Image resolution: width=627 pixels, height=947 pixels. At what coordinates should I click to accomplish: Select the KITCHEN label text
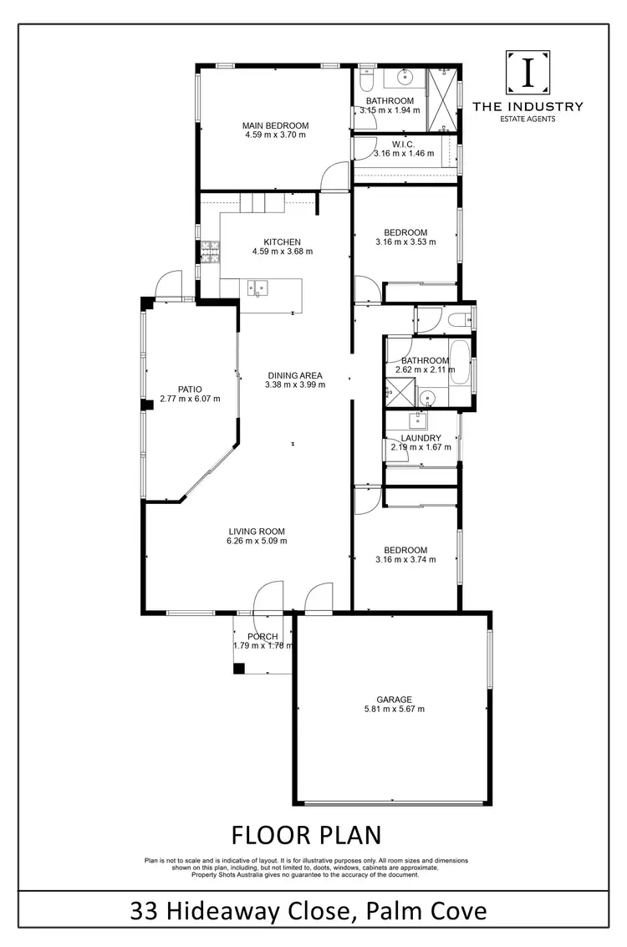coord(282,242)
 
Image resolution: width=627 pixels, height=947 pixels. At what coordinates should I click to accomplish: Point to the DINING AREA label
coord(294,375)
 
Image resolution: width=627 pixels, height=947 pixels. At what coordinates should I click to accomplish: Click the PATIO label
coord(190,389)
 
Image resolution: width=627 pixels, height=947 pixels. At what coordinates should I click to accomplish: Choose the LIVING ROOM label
coord(257,531)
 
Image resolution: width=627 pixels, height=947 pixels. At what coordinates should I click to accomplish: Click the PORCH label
coord(262,636)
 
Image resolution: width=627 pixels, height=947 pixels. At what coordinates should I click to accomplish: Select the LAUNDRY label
coord(421,438)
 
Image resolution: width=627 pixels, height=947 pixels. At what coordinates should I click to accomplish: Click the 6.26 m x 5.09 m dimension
coord(257,541)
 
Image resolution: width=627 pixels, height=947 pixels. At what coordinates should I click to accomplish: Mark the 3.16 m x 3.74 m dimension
coord(405,560)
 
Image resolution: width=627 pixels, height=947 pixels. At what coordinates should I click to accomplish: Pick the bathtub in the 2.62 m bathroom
coord(461,363)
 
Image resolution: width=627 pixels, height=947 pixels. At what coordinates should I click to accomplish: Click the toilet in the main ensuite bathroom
coord(364,79)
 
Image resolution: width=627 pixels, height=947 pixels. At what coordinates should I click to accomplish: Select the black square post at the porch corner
coord(239,668)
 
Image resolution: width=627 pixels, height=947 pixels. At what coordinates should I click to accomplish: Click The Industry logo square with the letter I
coord(528,74)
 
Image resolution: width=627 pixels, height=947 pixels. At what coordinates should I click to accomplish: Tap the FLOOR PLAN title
coord(306,835)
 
